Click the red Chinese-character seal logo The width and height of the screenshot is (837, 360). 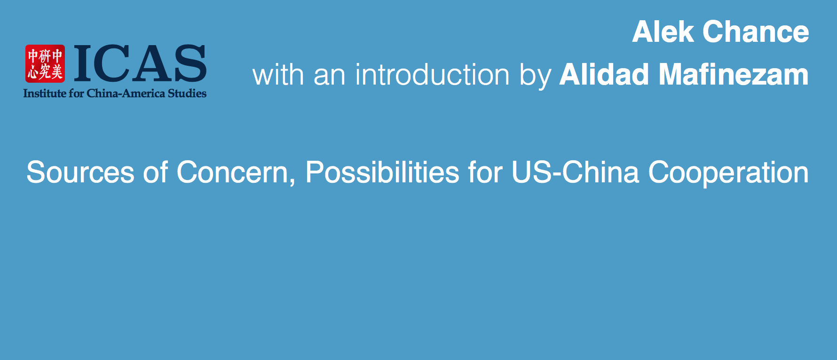point(45,63)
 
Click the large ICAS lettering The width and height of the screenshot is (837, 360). point(140,63)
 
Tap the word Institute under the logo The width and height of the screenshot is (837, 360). point(45,94)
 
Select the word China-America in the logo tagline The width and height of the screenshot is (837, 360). point(126,94)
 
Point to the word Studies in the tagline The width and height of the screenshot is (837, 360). point(187,94)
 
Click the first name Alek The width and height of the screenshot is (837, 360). point(663,32)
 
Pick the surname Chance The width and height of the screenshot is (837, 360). point(756,32)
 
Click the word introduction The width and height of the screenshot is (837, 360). point(433,75)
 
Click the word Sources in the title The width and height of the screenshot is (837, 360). point(80,172)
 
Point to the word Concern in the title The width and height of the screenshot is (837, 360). point(232,172)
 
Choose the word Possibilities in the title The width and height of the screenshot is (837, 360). point(382,172)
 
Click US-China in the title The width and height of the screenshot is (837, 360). point(576,172)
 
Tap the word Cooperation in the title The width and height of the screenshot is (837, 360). point(729,172)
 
